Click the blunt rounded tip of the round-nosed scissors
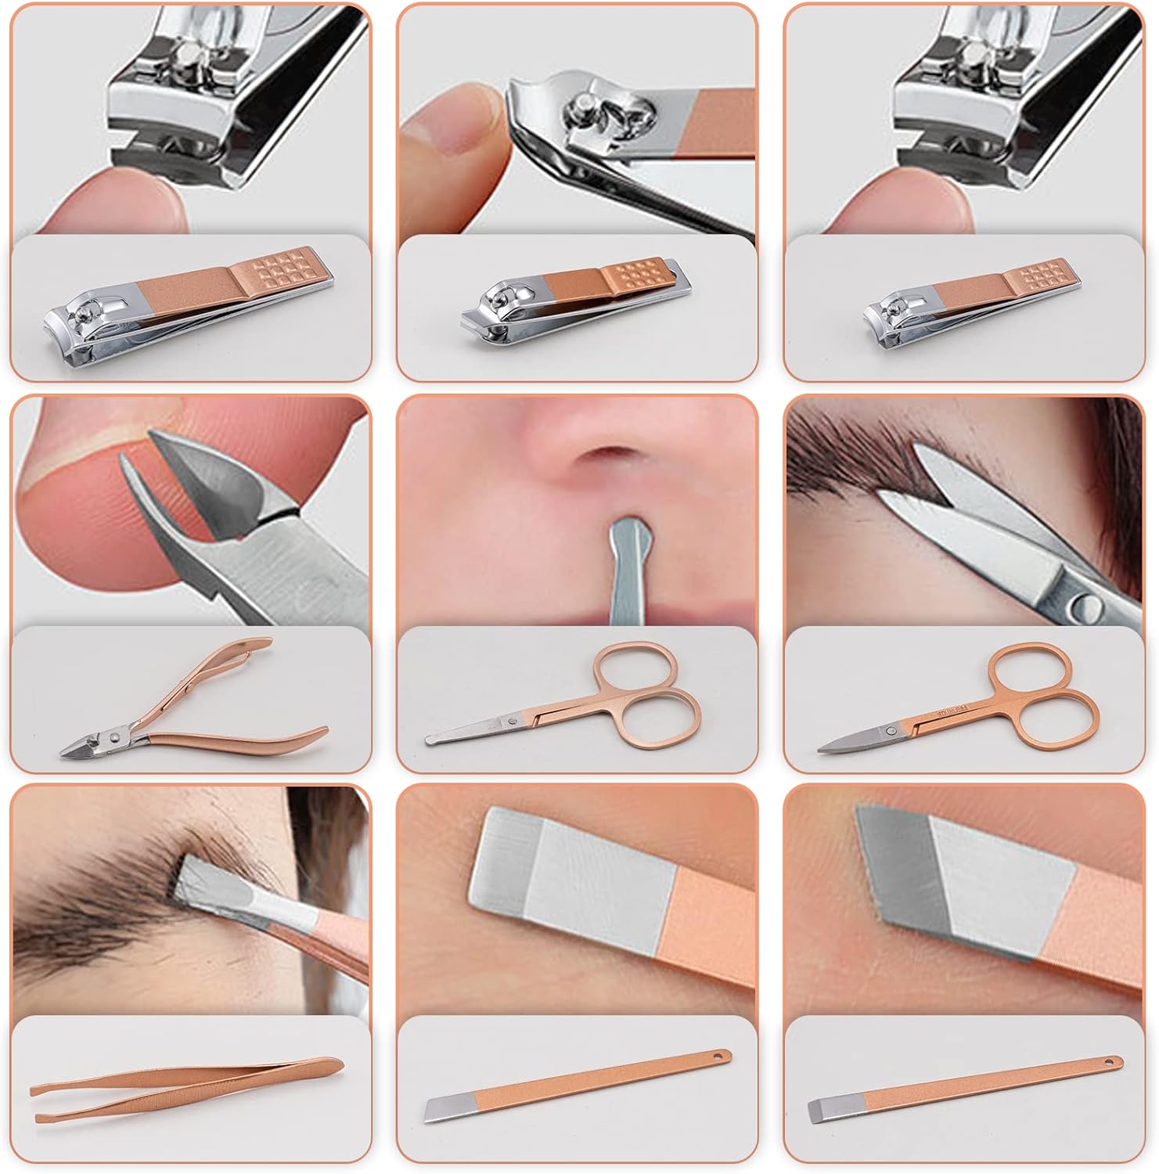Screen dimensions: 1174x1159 (x=432, y=738)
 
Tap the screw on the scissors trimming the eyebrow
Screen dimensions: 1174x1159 (x=1087, y=603)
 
